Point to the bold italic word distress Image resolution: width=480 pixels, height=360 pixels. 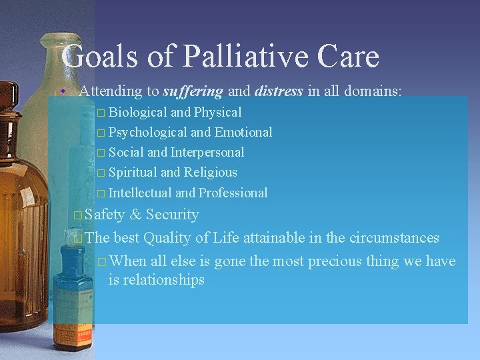coord(279,91)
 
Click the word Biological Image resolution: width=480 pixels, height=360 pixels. coord(138,112)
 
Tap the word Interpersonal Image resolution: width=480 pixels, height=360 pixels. coord(207,152)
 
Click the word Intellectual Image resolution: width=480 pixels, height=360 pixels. coord(140,193)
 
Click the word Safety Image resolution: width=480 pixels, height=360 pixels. coord(105,215)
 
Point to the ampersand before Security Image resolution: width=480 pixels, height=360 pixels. coord(135,215)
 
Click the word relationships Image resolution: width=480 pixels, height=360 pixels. coord(156,280)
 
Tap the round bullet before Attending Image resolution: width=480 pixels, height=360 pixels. coord(61,91)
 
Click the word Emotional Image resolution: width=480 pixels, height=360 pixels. coord(243,132)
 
